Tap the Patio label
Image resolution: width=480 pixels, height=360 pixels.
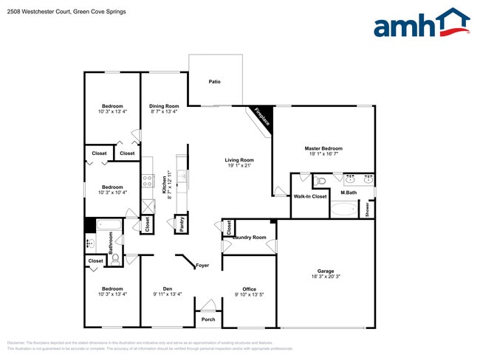pos(214,82)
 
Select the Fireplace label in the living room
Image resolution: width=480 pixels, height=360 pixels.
pos(261,117)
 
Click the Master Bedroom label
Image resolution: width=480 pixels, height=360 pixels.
pos(323,148)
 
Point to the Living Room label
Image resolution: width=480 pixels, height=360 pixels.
pos(239,160)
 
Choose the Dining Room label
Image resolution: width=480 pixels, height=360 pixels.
pos(164,106)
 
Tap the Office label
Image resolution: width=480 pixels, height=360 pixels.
pos(249,288)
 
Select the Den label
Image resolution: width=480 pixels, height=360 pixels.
pos(168,288)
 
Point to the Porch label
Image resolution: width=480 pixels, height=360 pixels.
pos(208,319)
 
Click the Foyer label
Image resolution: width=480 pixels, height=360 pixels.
pos(202,266)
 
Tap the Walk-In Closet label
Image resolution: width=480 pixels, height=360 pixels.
pos(310,196)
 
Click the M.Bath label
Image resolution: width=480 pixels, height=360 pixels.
pos(349,193)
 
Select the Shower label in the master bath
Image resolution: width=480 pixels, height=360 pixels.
pos(367,209)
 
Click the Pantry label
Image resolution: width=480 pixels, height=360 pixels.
pos(182,224)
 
